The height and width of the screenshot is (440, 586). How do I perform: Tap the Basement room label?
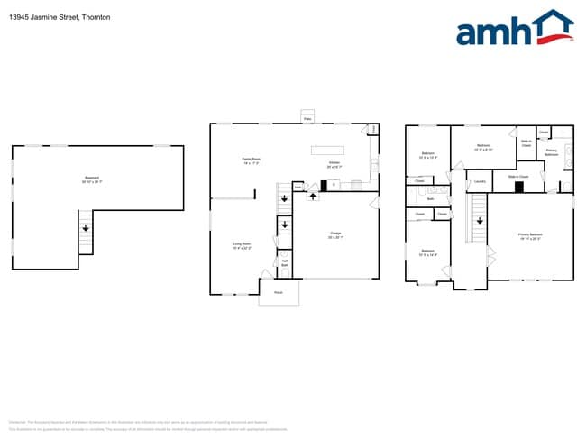91,179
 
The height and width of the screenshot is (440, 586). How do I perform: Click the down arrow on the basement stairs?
87,229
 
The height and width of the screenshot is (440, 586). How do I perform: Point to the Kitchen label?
334,165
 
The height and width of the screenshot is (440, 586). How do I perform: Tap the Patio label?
307,118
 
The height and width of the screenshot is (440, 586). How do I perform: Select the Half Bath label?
284,262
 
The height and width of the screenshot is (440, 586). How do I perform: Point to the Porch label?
278,292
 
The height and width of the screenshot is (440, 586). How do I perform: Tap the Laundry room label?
481,183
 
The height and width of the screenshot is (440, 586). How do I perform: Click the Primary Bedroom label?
530,236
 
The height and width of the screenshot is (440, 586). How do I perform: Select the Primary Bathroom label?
551,152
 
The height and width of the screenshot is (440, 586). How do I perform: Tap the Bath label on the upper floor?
431,198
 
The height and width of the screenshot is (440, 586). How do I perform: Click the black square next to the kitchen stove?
323,186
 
